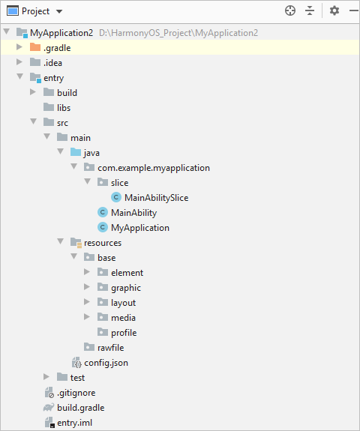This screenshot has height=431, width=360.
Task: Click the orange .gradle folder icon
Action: coord(35,47)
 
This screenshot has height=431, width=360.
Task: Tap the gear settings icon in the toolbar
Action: coord(334,11)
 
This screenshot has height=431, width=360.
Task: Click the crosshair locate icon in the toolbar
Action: coord(290,11)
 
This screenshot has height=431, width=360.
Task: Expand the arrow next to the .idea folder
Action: coord(19,62)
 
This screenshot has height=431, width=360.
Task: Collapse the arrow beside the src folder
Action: coord(34,121)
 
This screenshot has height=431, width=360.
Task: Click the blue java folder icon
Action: coord(76,151)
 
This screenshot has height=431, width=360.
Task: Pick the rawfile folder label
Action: coord(110,348)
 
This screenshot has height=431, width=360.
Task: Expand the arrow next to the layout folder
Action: coord(87,302)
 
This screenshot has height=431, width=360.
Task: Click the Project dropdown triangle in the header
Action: coord(59,11)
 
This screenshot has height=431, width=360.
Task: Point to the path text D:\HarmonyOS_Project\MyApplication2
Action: coord(178,33)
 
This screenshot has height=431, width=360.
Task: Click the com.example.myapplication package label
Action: coord(154,168)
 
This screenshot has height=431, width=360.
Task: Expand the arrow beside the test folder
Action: coord(46,377)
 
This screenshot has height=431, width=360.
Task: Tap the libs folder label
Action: coord(64,108)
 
